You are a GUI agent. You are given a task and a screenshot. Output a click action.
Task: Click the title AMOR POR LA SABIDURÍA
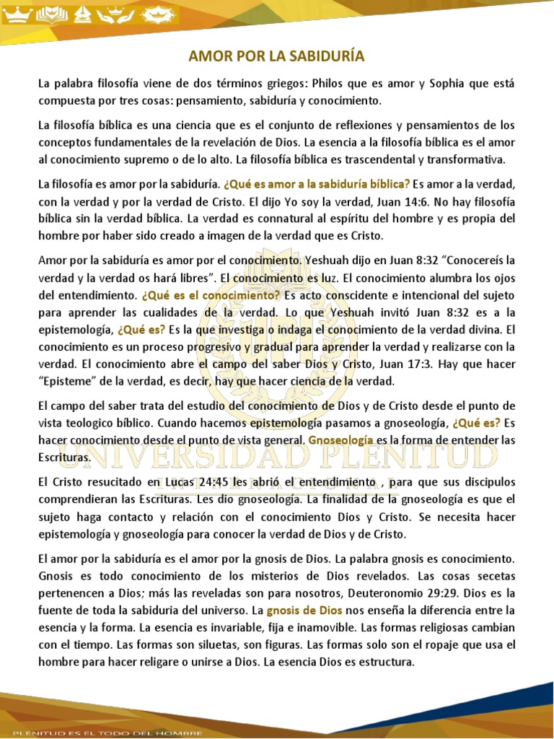(x=277, y=56)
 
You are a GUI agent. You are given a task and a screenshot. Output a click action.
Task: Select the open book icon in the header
(x=52, y=14)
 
